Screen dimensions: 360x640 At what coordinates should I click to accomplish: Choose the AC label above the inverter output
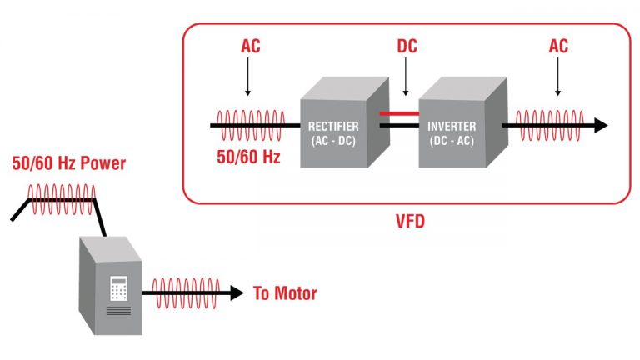[x=558, y=47]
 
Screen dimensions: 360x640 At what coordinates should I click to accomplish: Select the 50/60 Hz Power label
[x=69, y=163]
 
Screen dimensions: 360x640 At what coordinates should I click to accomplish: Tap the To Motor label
[x=285, y=293]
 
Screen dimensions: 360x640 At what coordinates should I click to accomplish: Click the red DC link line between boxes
[x=399, y=112]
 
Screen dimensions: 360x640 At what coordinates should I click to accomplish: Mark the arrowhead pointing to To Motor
[x=236, y=293]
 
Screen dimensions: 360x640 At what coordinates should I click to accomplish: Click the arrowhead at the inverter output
[x=599, y=126]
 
